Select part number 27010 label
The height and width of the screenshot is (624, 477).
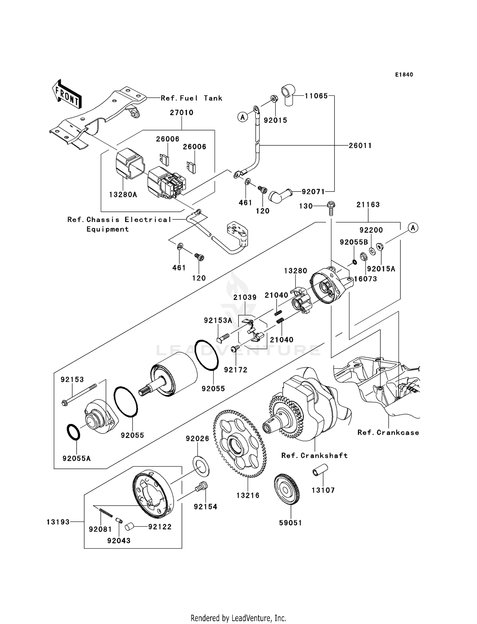click(182, 113)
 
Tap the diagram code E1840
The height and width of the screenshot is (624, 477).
click(404, 75)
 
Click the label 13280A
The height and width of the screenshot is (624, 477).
click(123, 195)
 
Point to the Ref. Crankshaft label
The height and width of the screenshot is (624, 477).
click(314, 455)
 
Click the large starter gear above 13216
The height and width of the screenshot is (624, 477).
click(239, 444)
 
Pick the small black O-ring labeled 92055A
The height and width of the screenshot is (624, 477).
click(73, 432)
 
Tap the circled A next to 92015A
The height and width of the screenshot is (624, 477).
click(413, 228)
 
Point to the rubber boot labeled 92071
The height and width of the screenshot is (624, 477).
click(279, 195)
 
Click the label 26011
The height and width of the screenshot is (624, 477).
click(360, 146)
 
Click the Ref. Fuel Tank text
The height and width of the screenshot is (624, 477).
click(191, 98)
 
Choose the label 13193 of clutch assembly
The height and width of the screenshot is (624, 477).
click(58, 522)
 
